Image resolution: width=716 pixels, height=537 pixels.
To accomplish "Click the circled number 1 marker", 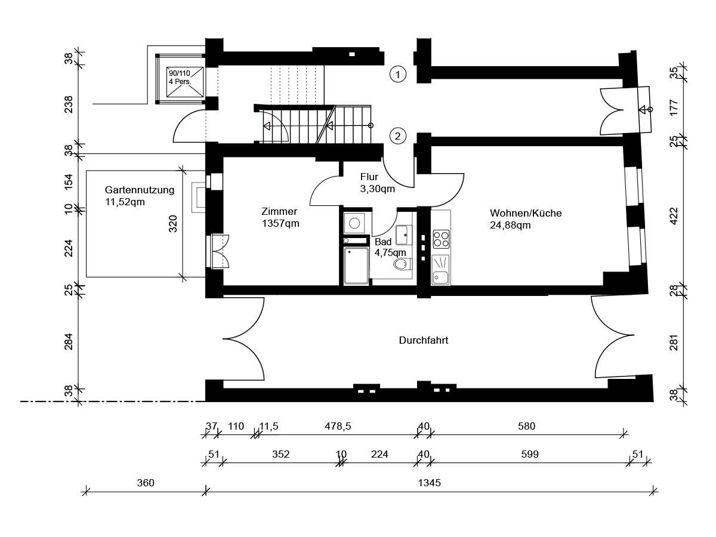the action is [397, 75].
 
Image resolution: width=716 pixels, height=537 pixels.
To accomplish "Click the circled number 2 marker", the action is [397, 136].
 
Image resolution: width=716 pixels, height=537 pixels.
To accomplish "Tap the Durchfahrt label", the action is [424, 340].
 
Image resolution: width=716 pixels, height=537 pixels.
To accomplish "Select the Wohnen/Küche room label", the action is [526, 213].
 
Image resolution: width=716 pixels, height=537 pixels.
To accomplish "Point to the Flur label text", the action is [369, 177].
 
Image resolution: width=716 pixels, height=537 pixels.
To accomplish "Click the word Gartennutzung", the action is [140, 190].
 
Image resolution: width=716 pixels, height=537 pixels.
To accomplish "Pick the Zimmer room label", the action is [279, 211].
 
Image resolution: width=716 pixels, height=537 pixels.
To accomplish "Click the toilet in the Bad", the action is [403, 264].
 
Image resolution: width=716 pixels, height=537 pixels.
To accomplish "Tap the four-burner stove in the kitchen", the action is [441, 239].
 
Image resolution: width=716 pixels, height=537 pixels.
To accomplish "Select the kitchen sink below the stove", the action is [440, 270].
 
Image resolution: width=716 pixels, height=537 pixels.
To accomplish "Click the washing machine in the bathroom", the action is [354, 223].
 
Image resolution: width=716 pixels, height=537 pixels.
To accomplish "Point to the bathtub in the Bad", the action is [356, 266].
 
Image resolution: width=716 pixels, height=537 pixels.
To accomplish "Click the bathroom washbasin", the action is [404, 234].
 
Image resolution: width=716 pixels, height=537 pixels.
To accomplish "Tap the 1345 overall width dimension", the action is [429, 483].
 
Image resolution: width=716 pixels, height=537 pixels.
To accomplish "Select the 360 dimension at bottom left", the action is [146, 483].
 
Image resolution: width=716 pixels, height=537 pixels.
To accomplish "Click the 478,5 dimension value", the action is [338, 426].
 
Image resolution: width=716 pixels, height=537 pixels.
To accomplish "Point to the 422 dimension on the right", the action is [674, 215].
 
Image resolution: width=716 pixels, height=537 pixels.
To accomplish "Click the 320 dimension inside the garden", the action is [173, 224].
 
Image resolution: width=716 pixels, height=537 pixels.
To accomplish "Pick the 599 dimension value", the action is [530, 454].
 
